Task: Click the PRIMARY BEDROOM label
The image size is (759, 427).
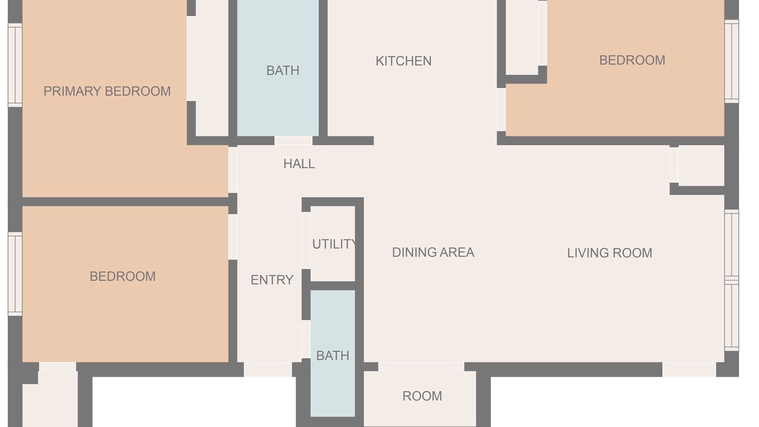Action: pos(107,91)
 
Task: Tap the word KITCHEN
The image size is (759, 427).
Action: pos(404,61)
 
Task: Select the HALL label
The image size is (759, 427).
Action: pos(299,164)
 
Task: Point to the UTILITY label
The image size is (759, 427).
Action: pos(334,244)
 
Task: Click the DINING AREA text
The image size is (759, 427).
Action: pos(433,253)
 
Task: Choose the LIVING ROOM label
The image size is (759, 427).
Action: pos(610,253)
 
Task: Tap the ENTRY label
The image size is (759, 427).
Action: pos(272,280)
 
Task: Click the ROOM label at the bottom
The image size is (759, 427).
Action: pos(422,396)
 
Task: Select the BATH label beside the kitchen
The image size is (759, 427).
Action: pos(283,71)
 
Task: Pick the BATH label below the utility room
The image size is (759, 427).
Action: pos(333,356)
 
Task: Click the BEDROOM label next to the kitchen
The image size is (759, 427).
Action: pos(632,60)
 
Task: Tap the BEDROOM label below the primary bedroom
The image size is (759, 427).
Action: pos(123,276)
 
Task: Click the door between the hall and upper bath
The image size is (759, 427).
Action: pos(294,141)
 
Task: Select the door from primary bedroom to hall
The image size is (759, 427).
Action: pos(232,170)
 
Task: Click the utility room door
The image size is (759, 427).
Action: pos(306,240)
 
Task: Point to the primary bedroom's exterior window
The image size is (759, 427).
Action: pos(15,65)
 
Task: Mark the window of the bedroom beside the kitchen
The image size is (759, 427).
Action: pos(732,61)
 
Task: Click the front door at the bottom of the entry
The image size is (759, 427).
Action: pos(267,369)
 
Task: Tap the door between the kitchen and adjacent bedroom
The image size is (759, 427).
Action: pos(502,110)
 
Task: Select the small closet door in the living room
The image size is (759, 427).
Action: pos(674,165)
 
